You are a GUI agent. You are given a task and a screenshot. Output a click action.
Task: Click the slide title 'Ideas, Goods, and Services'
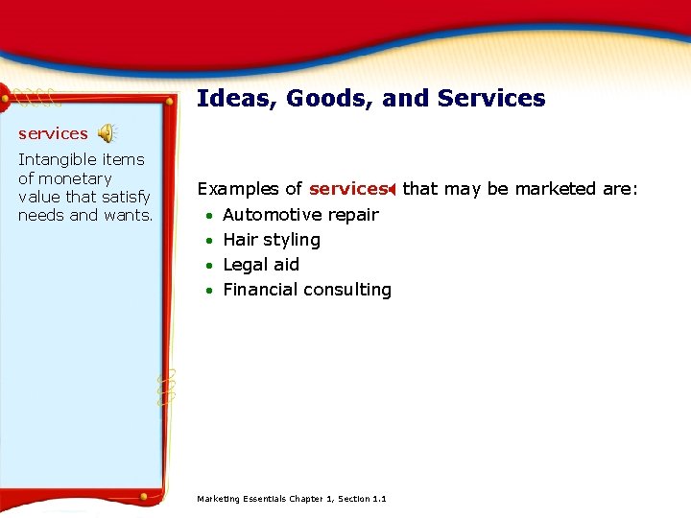point(370,99)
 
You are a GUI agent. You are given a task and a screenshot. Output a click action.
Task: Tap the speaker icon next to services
point(107,133)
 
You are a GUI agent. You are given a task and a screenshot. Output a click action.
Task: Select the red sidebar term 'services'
point(53,134)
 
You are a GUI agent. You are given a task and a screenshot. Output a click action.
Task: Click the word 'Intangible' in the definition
point(57,160)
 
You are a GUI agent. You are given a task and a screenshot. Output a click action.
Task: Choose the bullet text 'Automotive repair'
point(300,215)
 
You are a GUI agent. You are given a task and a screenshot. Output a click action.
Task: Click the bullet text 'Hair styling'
point(272,240)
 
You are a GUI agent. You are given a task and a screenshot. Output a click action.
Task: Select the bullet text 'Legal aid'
point(261,265)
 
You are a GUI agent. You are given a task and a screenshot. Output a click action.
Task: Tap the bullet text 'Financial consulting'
point(307,290)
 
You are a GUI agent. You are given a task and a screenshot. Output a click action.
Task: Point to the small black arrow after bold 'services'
point(393,190)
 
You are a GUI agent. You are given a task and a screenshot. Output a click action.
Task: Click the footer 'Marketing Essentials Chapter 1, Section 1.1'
point(292,499)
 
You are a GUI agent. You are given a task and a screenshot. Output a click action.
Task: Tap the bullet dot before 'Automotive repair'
point(209,216)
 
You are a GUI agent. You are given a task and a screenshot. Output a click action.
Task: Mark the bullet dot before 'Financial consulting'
point(209,291)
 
